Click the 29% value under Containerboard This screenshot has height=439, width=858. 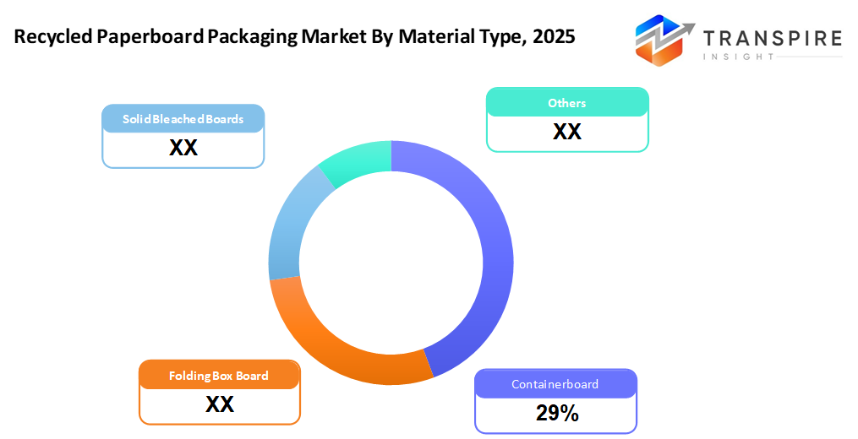coord(556,413)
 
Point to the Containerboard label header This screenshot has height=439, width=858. coord(555,384)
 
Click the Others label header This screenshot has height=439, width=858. coord(566,103)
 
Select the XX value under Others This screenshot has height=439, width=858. coord(566,132)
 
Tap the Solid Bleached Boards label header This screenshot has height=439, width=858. coord(183,119)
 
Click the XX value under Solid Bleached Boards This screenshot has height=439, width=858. coord(183,148)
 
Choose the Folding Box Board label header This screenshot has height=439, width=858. coord(219,376)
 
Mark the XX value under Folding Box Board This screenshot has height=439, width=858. coord(219,404)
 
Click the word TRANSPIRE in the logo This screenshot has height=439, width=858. coord(772,38)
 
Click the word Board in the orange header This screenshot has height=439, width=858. coord(252,376)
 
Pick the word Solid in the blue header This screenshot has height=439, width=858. coord(136,119)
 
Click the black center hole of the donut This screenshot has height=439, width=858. coord(391,263)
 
